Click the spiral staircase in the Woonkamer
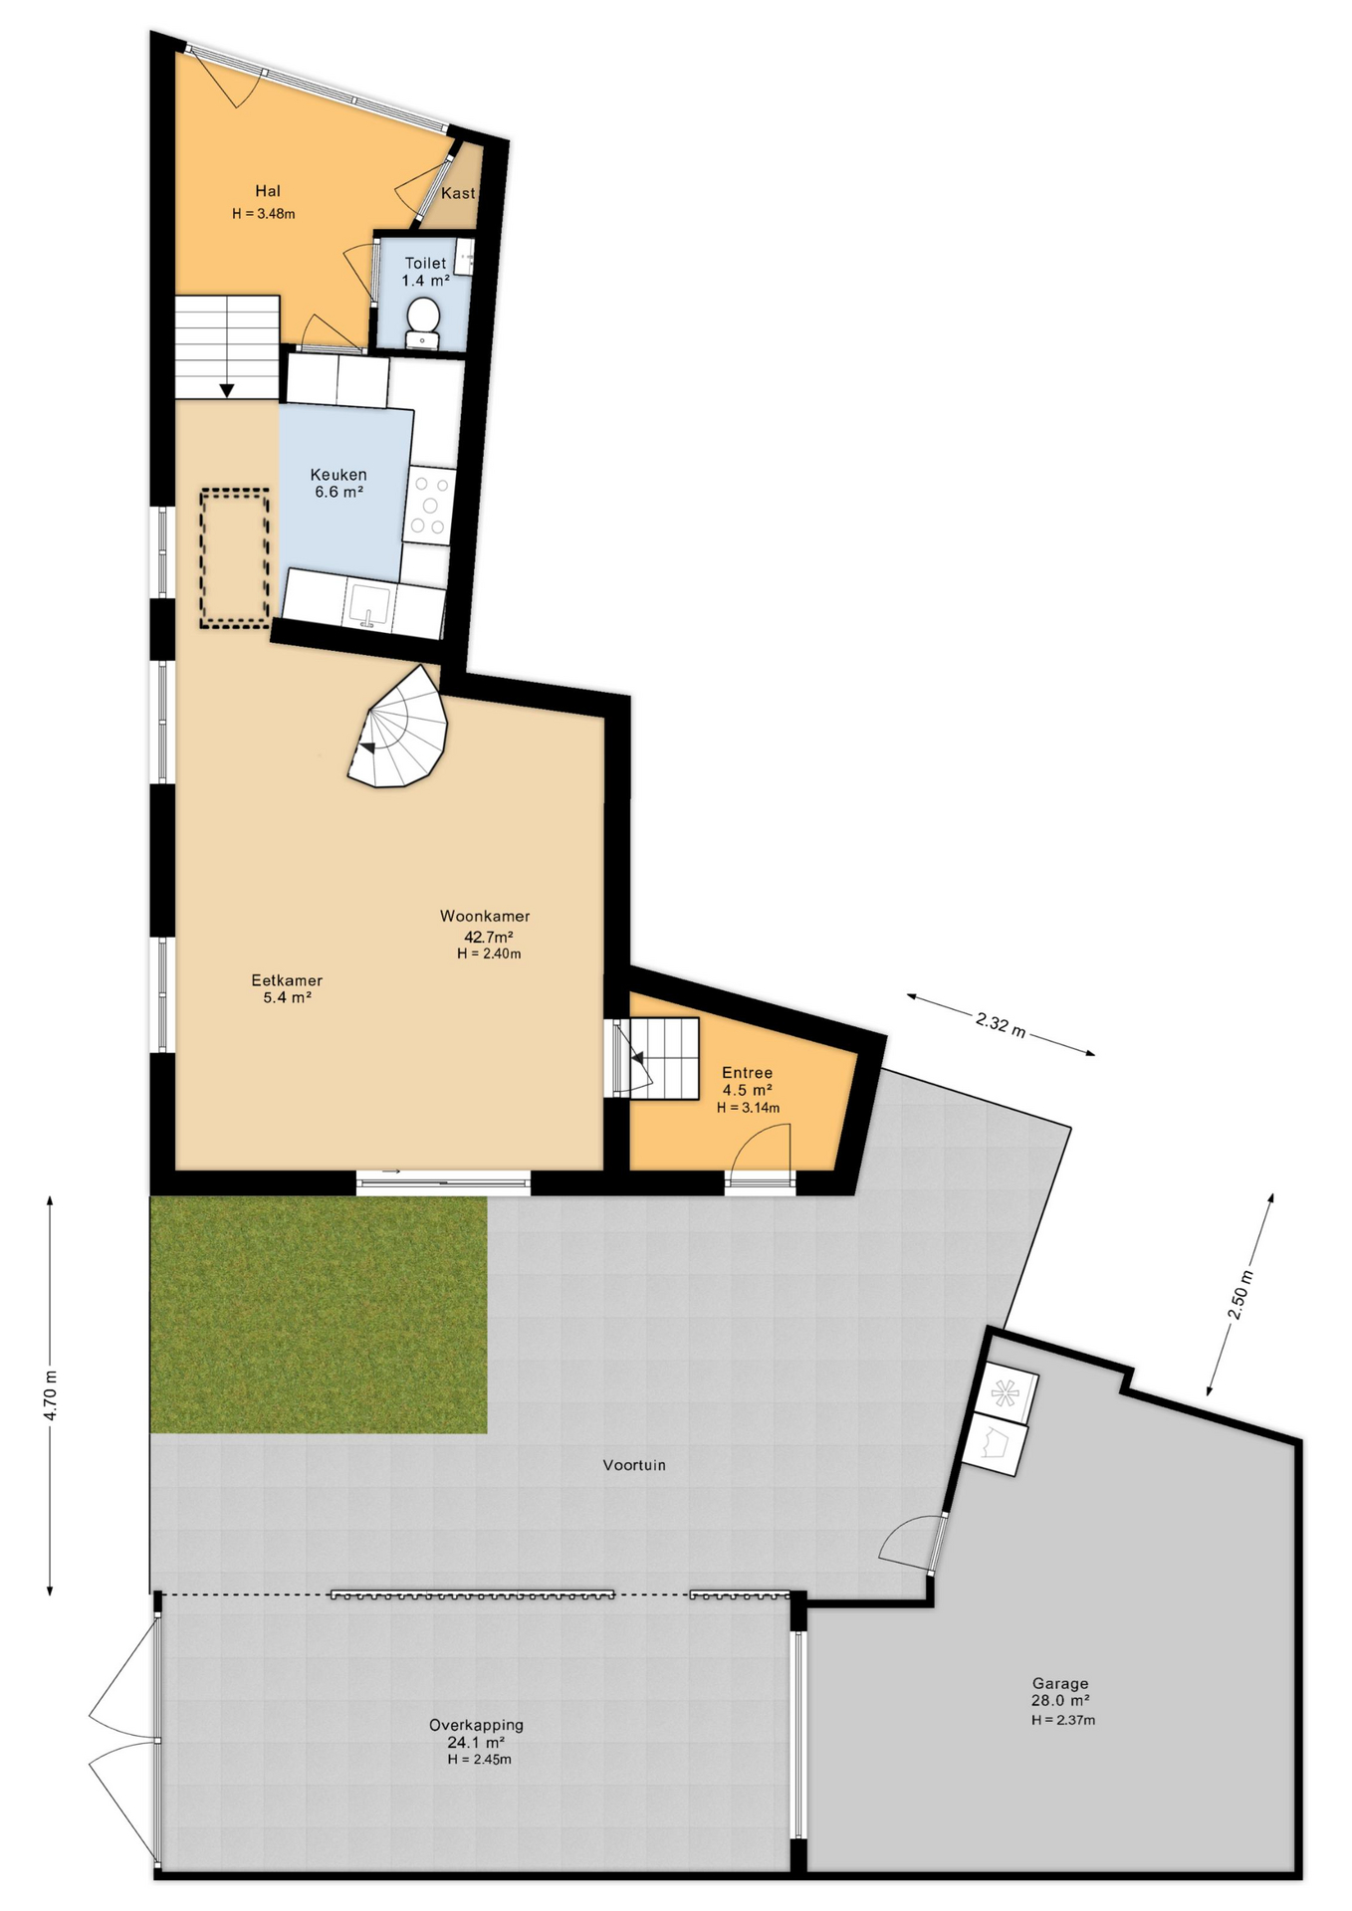click(x=398, y=727)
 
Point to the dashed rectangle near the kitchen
click(x=235, y=557)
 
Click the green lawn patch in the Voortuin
click(x=319, y=1314)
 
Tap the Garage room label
click(x=1060, y=1684)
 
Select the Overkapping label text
click(x=476, y=1725)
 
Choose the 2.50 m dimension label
click(x=1240, y=1295)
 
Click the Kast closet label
click(x=458, y=193)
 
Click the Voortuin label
click(x=634, y=1465)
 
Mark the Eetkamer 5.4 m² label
click(x=287, y=988)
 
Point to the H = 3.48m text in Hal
click(x=264, y=213)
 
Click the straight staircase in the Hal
click(x=227, y=346)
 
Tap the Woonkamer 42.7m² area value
click(x=489, y=937)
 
